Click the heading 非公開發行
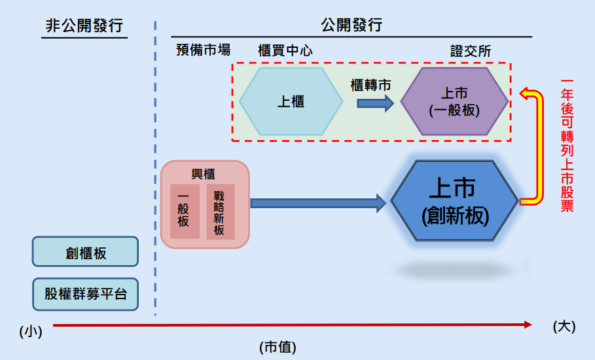pos(84,26)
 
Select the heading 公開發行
pos(352,26)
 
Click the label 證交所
pos(471,50)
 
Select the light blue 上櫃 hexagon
pos(291,101)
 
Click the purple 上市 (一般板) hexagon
pos(454,101)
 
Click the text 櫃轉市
pos(371,85)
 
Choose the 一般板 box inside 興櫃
pos(184,211)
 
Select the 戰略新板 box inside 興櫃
pos(219,211)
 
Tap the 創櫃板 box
pos(86,252)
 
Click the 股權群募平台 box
pos(86,294)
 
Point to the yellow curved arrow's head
pos(526,94)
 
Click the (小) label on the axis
pos(31,331)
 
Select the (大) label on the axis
pos(564,326)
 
